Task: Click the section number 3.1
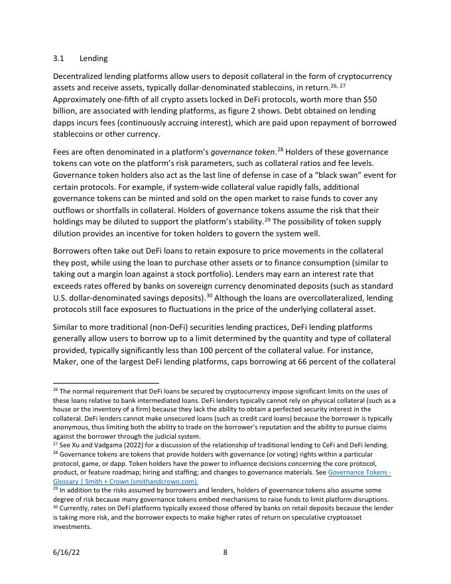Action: [x=58, y=58]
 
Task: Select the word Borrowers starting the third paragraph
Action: [x=74, y=251]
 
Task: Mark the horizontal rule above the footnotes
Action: [x=106, y=383]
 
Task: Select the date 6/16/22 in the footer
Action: [x=65, y=551]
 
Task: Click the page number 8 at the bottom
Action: [x=225, y=551]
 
